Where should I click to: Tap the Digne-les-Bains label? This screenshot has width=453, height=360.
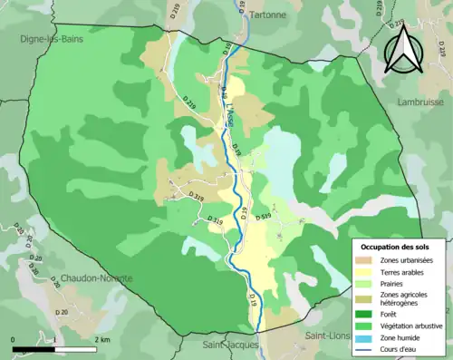point(53,40)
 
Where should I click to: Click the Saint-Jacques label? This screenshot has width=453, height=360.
point(230,345)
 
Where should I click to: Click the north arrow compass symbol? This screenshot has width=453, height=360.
point(402,49)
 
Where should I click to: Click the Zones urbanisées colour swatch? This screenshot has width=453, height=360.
point(369,259)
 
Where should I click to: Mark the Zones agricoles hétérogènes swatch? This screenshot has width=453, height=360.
point(369,297)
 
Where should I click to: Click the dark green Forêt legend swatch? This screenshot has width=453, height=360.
point(369,311)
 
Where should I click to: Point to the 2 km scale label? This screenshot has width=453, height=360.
point(101,339)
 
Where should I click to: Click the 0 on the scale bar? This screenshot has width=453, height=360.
point(14,339)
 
